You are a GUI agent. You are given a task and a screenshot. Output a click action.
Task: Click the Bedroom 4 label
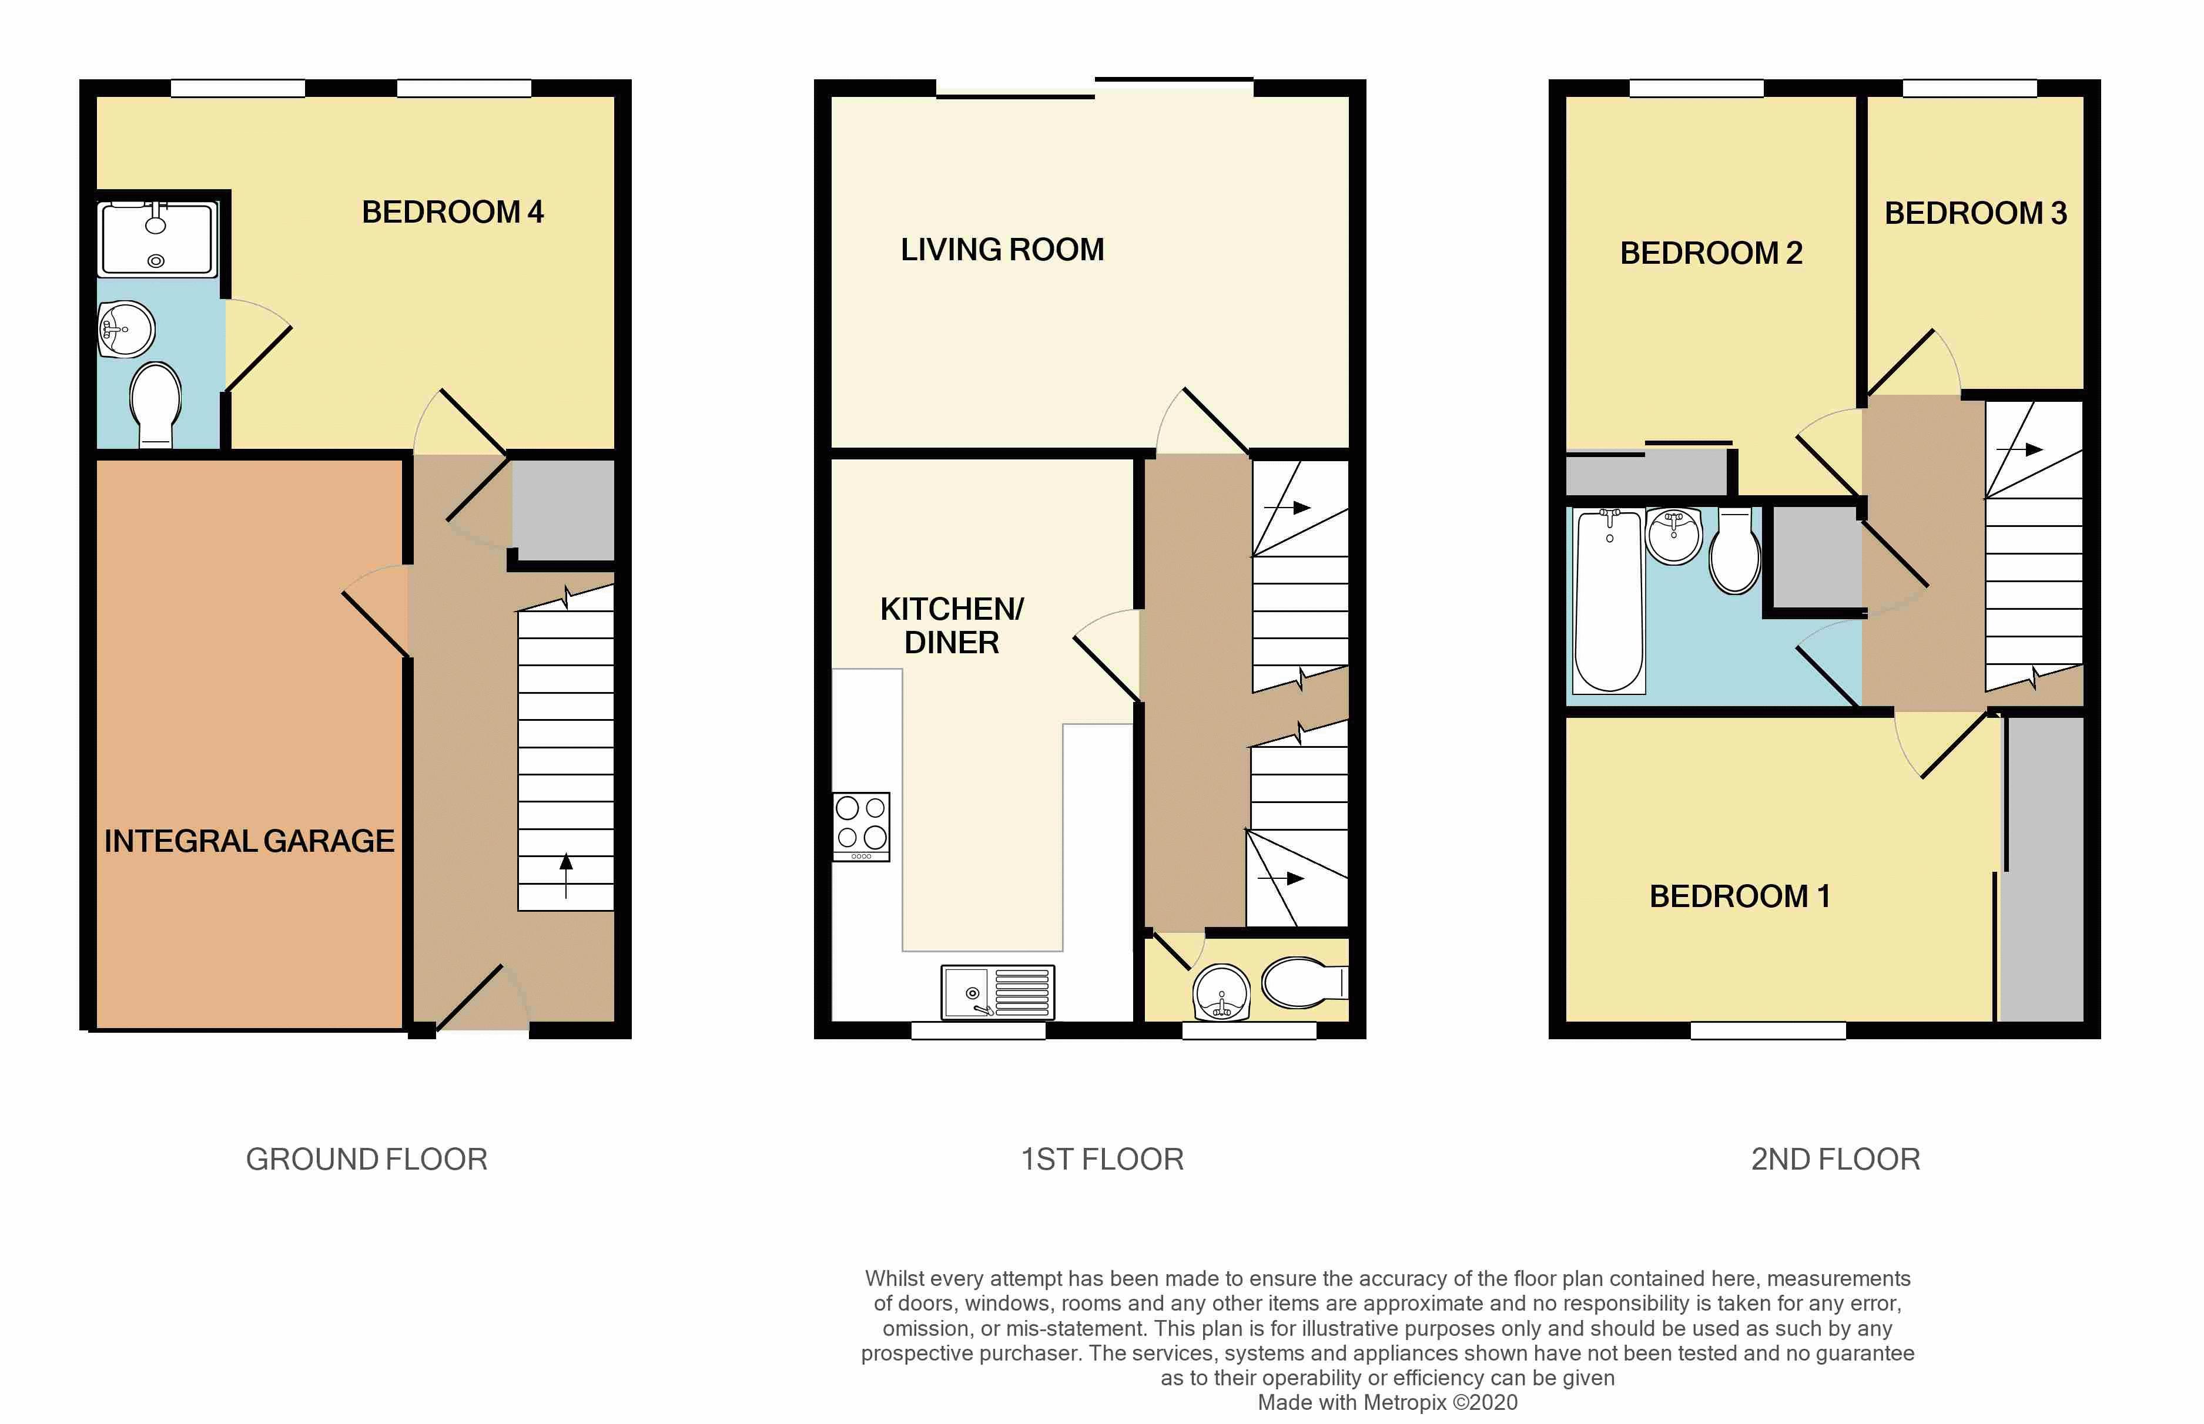453,211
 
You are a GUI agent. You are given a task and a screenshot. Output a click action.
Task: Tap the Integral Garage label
249,841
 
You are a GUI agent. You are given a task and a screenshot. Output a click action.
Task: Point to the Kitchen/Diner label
952,625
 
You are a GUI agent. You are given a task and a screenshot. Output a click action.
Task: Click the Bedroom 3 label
1975,213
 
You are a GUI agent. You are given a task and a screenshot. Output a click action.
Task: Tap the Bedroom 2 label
1711,253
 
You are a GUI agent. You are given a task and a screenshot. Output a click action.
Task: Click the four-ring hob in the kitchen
861,827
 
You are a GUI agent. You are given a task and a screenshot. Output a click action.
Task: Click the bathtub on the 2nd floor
1609,600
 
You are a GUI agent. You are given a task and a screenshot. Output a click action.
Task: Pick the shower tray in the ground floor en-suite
158,239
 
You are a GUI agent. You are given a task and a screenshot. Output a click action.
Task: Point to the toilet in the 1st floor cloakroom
1304,982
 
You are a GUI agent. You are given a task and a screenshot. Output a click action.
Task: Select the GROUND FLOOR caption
366,1158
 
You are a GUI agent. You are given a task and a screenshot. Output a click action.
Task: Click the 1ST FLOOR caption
1101,1158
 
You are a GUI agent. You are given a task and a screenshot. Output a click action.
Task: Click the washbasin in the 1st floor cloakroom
1222,993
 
